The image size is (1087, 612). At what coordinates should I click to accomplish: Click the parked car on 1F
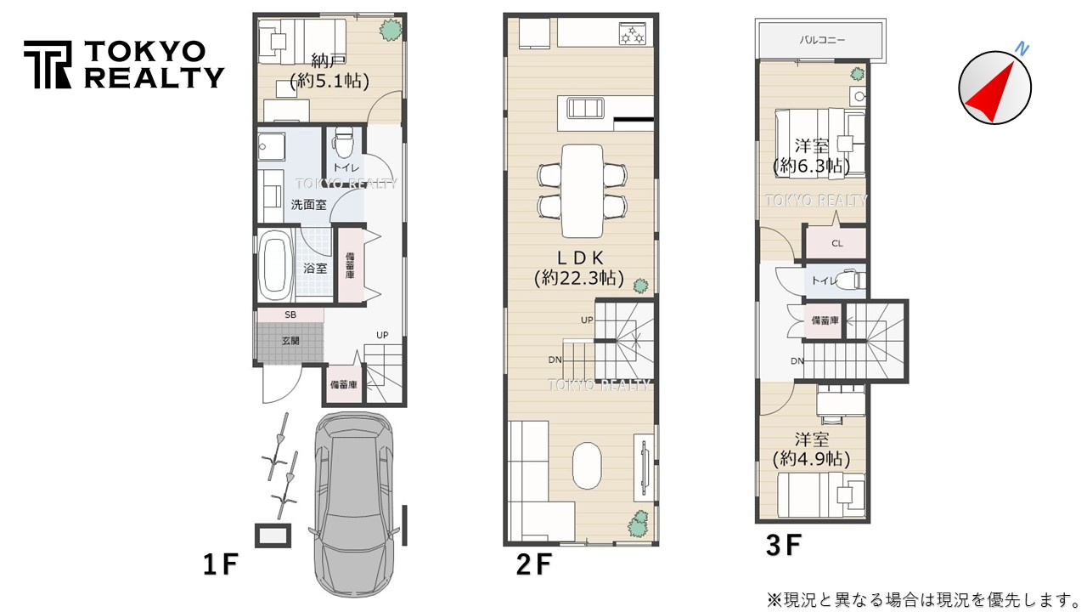click(353, 505)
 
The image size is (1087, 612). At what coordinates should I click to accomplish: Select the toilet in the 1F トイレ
click(344, 142)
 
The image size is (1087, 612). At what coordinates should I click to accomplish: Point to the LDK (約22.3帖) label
click(579, 268)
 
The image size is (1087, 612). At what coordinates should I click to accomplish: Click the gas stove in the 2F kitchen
click(633, 34)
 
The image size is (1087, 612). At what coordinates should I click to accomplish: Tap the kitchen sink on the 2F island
click(586, 108)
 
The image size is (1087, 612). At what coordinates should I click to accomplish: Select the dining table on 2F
click(582, 191)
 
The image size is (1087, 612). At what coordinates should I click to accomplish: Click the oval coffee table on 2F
click(587, 465)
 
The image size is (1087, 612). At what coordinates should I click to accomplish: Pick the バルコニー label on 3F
click(822, 40)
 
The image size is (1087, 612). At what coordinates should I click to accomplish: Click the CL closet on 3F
click(836, 243)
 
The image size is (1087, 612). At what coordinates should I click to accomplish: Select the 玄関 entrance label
click(290, 341)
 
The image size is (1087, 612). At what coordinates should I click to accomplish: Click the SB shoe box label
click(290, 314)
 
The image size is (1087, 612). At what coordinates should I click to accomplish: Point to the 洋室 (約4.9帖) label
click(811, 450)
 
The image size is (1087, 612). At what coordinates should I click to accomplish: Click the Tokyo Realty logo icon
click(48, 65)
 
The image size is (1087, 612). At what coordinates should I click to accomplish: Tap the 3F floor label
click(783, 545)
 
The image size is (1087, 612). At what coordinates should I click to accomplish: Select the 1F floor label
click(221, 564)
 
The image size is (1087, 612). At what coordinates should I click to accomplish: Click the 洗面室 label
click(308, 205)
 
